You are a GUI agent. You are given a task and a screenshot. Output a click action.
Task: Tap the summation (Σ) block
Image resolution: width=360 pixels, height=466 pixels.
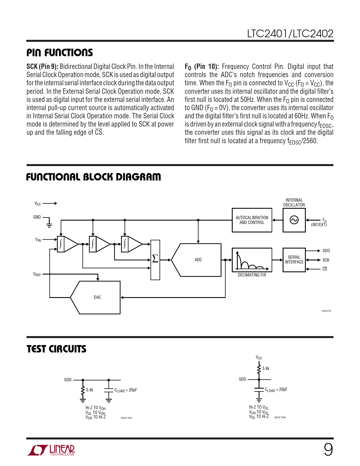[155, 260]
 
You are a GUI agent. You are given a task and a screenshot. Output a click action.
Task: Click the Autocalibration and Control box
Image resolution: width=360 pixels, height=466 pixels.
[252, 220]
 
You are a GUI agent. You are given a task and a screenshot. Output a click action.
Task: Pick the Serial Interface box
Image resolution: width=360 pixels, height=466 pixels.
[294, 260]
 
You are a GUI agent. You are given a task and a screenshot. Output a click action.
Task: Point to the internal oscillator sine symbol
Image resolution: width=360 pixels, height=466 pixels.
[294, 220]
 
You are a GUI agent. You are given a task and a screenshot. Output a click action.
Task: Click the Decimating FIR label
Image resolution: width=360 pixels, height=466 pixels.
[252, 275]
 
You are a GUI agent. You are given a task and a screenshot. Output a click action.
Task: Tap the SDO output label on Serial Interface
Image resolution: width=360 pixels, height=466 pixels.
[326, 251]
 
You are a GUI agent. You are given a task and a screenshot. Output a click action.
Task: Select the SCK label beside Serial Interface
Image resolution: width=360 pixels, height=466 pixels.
[326, 260]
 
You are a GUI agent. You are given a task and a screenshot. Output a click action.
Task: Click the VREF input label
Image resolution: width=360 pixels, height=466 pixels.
[37, 274]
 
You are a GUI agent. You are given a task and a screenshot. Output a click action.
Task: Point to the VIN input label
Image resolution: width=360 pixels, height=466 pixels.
[38, 240]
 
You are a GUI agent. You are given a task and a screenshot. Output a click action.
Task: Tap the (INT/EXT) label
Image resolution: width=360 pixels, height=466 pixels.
[319, 225]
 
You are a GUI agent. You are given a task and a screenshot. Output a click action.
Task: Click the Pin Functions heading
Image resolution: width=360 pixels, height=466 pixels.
[60, 53]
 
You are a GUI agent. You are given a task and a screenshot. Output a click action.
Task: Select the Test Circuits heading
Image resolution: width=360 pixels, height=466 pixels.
[56, 349]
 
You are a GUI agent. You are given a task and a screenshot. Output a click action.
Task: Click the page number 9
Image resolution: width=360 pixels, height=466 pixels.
[328, 450]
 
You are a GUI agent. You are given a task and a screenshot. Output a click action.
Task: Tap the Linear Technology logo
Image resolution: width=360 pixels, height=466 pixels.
[51, 450]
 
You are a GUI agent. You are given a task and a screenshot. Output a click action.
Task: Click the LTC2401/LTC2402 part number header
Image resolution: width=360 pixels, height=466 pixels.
[290, 34]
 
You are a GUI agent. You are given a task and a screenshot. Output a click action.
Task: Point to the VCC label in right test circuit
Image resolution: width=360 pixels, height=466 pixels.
[259, 358]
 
